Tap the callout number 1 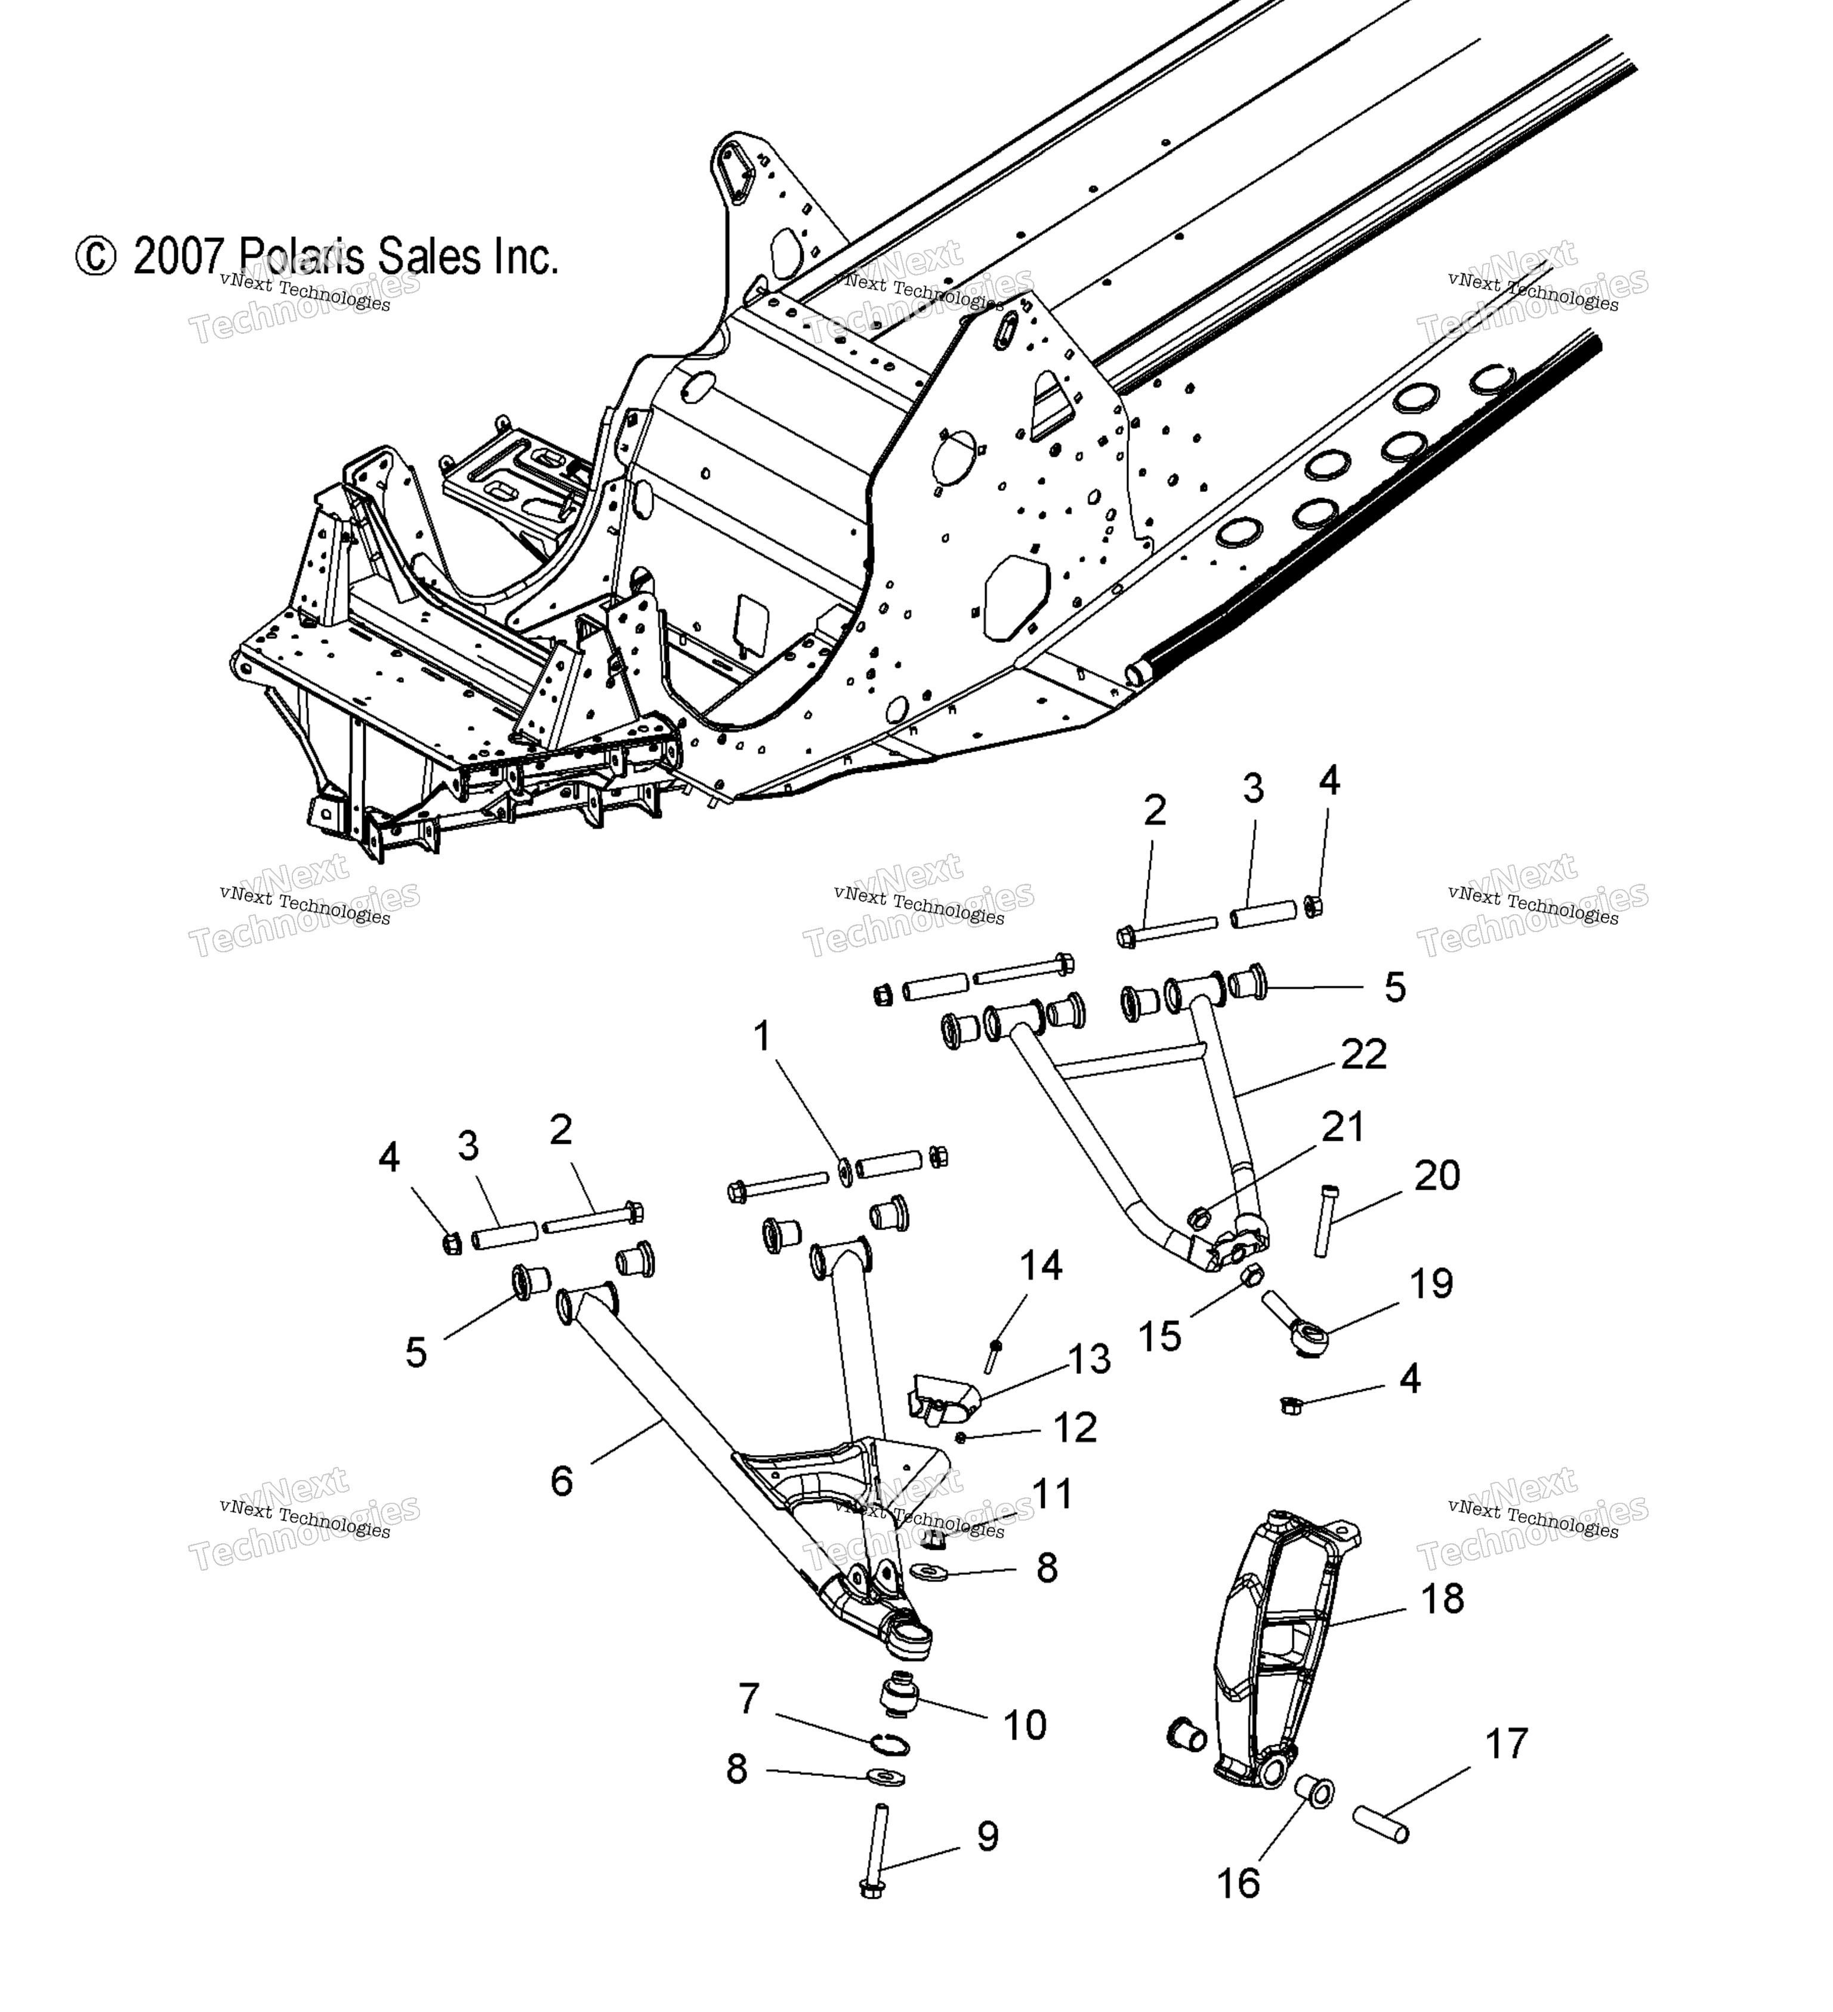tap(763, 1036)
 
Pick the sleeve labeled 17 tap(1381, 1822)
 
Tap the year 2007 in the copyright tap(178, 258)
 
